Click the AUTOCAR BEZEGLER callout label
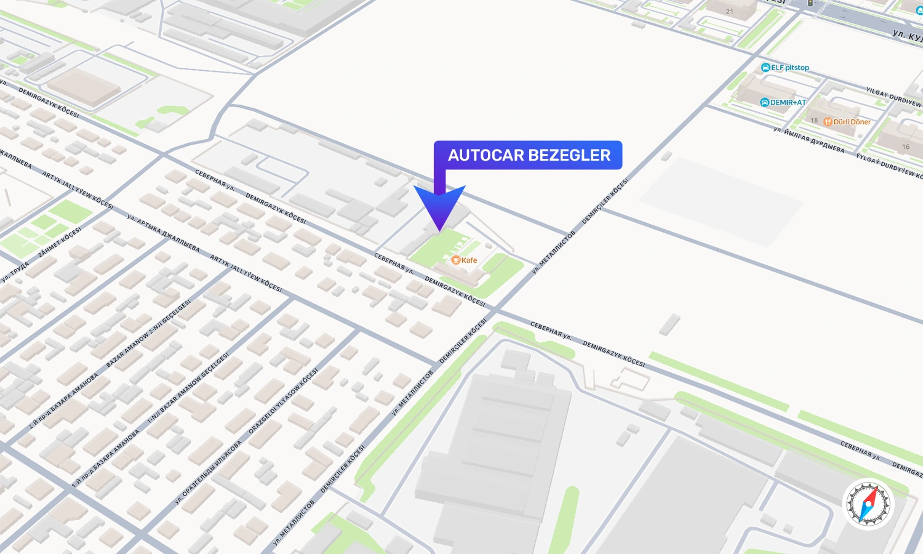(528, 155)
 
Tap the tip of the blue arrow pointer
(439, 231)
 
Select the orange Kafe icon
(456, 260)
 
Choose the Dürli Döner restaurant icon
(828, 122)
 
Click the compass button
(868, 504)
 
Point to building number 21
(729, 12)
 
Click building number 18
(814, 121)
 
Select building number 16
(905, 147)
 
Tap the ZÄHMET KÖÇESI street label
(60, 242)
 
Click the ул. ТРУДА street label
(15, 271)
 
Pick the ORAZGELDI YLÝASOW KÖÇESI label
(284, 401)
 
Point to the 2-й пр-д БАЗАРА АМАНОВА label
(64, 401)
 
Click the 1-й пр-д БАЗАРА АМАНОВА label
(106, 458)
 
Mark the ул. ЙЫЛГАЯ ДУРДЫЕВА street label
(809, 140)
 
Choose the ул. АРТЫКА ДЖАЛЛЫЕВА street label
(163, 233)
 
